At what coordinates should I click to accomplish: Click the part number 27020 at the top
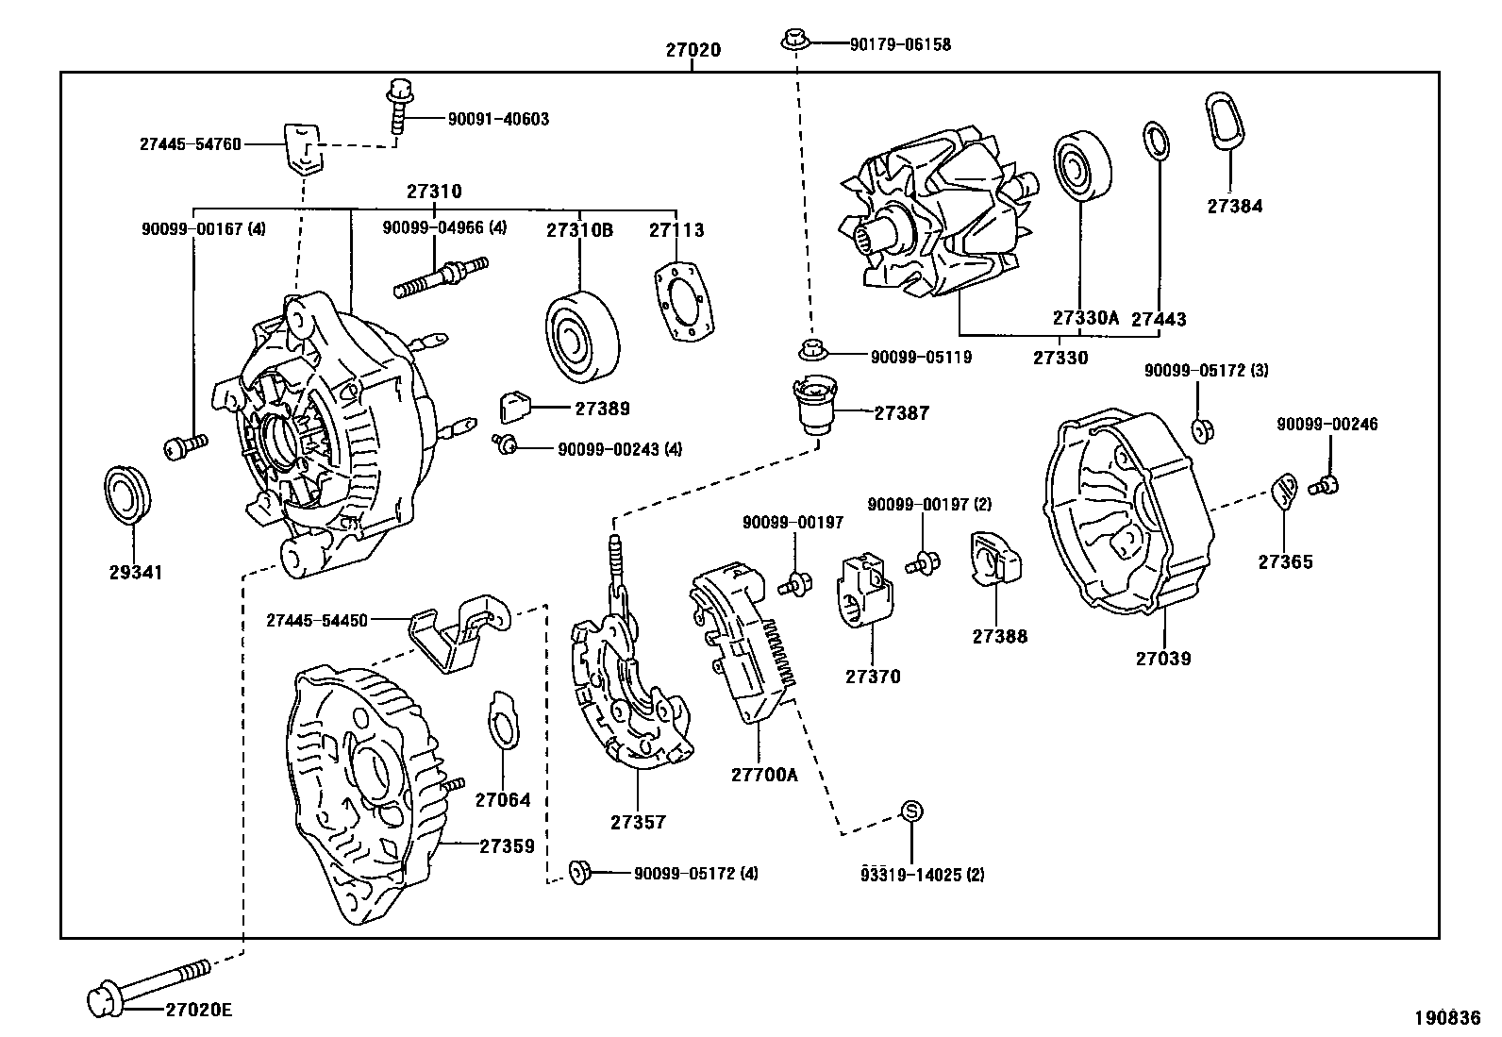[693, 50]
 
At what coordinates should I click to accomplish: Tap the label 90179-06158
[900, 44]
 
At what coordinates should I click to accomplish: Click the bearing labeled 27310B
[582, 337]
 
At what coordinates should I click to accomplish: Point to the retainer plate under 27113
[683, 302]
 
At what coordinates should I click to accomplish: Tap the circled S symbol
[911, 811]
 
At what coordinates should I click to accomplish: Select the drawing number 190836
[1447, 1017]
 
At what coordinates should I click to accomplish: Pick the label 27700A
[764, 775]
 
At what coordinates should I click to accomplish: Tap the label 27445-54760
[191, 144]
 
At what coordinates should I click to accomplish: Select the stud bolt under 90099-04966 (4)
[441, 277]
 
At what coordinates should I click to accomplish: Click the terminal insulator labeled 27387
[815, 405]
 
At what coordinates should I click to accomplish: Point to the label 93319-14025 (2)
[922, 874]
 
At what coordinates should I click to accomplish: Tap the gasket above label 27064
[503, 719]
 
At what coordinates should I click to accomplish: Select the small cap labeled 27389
[515, 407]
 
